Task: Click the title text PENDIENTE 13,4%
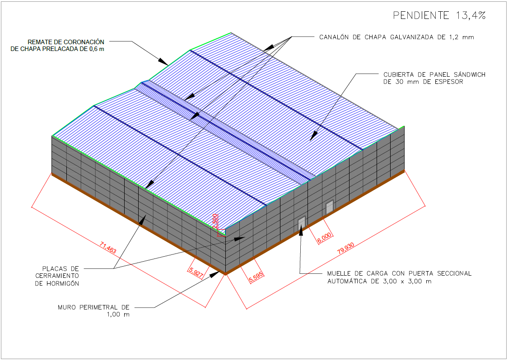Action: pyautogui.click(x=439, y=15)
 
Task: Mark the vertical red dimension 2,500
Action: pyautogui.click(x=216, y=221)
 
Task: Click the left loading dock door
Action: pyautogui.click(x=301, y=222)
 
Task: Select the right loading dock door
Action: pyautogui.click(x=330, y=207)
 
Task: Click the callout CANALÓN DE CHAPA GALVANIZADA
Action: pyautogui.click(x=396, y=37)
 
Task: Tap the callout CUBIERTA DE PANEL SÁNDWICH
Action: pyautogui.click(x=434, y=78)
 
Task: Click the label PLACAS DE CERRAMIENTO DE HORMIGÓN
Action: pyautogui.click(x=57, y=276)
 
